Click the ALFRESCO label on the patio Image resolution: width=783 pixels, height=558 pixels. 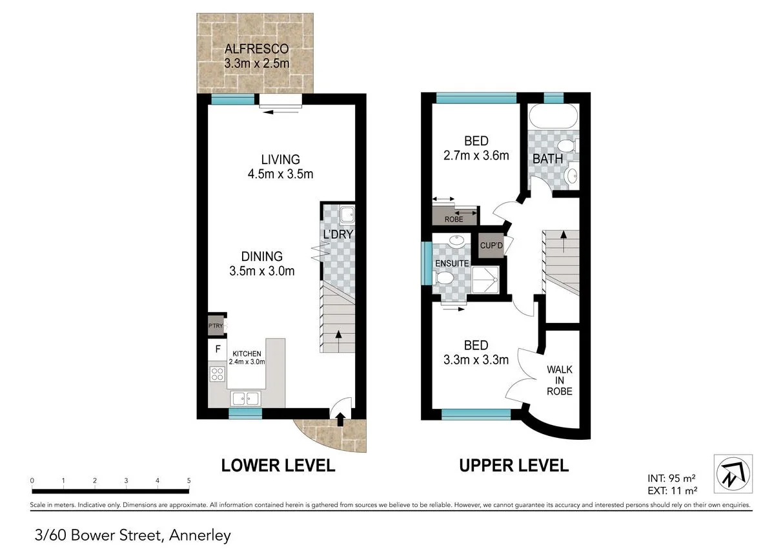pyautogui.click(x=256, y=48)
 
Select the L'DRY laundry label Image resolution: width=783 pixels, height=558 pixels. pyautogui.click(x=338, y=234)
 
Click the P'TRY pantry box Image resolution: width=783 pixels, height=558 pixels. pyautogui.click(x=215, y=326)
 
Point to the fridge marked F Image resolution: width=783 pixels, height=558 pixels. pyautogui.click(x=218, y=349)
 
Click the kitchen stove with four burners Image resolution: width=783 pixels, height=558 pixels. pyautogui.click(x=217, y=374)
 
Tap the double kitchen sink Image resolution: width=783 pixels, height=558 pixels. pyautogui.click(x=245, y=398)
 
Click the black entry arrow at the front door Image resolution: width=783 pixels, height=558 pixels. pyautogui.click(x=340, y=420)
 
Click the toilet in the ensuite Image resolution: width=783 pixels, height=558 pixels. pyautogui.click(x=444, y=278)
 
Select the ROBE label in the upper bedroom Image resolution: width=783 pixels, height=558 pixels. pyautogui.click(x=454, y=220)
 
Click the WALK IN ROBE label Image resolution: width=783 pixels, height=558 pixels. pyautogui.click(x=559, y=380)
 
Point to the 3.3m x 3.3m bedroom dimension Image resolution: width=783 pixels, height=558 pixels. pyautogui.click(x=476, y=360)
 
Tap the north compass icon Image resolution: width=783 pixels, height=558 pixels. pyautogui.click(x=733, y=473)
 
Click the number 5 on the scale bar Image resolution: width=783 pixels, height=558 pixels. pyautogui.click(x=188, y=480)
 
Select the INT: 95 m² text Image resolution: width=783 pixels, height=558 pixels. pyautogui.click(x=671, y=479)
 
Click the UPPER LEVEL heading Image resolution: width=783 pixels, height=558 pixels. pyautogui.click(x=513, y=465)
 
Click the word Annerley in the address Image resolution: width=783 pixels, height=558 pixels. pyautogui.click(x=201, y=535)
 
